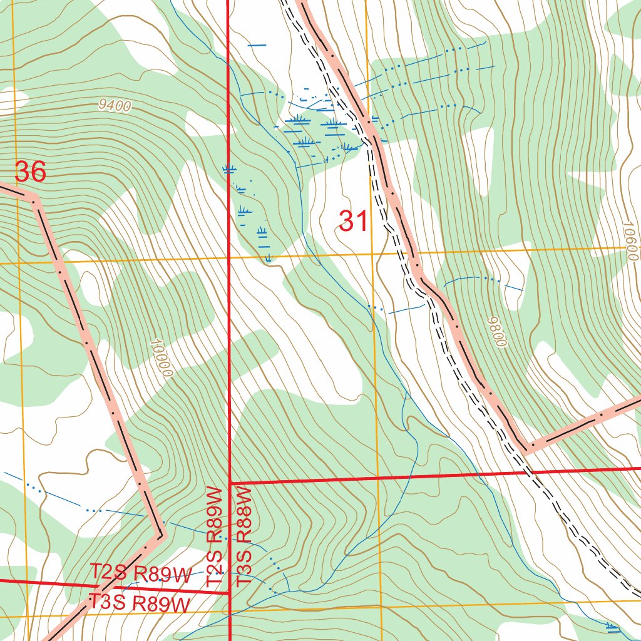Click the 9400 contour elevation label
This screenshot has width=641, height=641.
(115, 106)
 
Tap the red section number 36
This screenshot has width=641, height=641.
(30, 172)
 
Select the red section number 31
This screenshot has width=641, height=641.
(353, 221)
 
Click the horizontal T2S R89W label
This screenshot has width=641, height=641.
(140, 574)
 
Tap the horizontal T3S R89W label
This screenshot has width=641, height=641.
(139, 603)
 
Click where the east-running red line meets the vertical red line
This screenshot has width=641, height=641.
(230, 483)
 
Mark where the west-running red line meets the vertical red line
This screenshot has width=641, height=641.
(230, 592)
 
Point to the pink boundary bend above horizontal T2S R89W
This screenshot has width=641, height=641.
(160, 536)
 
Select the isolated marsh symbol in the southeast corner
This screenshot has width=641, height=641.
(612, 625)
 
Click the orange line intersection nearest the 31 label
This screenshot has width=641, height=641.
(373, 255)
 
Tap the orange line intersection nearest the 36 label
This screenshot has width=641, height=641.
(19, 264)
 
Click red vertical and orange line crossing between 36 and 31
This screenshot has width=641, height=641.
(228, 259)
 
